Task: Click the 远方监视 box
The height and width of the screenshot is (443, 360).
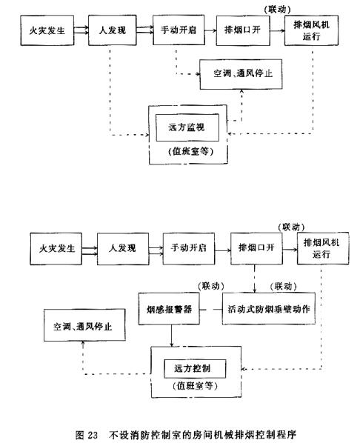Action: click(x=187, y=127)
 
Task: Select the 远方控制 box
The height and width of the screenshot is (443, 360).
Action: click(x=195, y=368)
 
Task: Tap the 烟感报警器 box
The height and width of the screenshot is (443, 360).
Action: click(x=169, y=308)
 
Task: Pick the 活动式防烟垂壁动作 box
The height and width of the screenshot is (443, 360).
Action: click(x=269, y=308)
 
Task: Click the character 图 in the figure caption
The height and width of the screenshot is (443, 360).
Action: click(x=79, y=435)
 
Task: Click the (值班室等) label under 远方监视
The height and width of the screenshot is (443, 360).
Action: click(x=190, y=152)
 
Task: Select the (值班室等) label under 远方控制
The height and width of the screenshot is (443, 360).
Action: click(x=195, y=386)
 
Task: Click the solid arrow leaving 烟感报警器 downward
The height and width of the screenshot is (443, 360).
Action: click(x=172, y=336)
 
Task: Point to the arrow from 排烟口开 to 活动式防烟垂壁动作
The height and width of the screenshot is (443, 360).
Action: click(x=255, y=279)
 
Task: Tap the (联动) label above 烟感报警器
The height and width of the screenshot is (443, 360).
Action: click(x=211, y=286)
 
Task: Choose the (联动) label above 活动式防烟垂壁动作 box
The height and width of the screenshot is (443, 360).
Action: click(x=284, y=286)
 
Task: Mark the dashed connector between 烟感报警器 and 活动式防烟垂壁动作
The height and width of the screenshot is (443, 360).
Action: click(x=211, y=310)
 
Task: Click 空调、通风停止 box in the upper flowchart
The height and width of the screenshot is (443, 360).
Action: click(x=241, y=74)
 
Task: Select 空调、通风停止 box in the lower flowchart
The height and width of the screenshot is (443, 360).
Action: click(x=84, y=325)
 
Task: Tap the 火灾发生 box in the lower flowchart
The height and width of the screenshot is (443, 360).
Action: click(x=56, y=249)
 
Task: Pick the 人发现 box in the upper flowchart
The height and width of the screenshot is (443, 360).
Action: click(x=112, y=30)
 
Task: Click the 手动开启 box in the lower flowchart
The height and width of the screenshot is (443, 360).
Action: click(x=188, y=249)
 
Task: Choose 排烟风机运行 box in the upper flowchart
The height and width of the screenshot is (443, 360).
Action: click(x=311, y=30)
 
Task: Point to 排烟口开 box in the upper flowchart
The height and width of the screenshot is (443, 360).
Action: click(x=243, y=30)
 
